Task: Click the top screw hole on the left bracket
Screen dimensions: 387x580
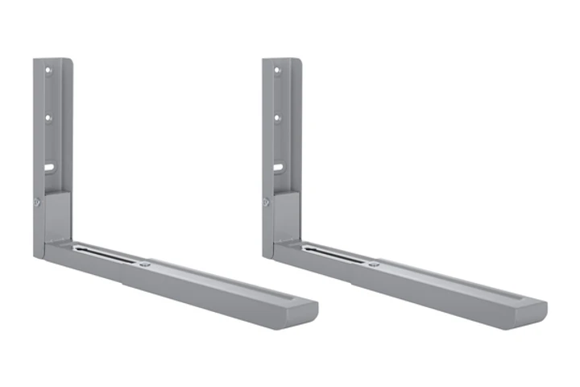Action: pos(48,70)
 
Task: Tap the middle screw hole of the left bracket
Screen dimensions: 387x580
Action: pos(48,118)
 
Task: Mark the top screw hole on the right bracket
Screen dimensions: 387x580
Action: pos(276,70)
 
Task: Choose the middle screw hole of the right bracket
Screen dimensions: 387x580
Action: pos(277,118)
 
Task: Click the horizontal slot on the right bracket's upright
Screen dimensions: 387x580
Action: pos(278,169)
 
